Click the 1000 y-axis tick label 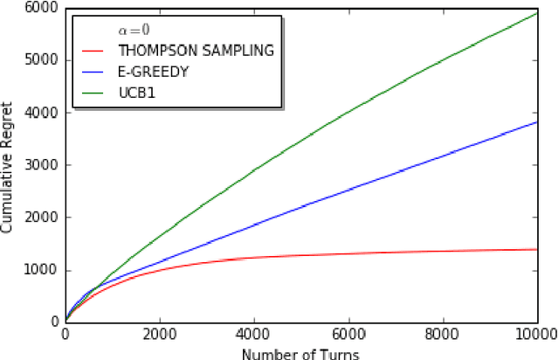[x=45, y=270]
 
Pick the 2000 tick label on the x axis [x=160, y=334]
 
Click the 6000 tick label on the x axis [x=349, y=334]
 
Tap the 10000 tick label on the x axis [x=534, y=334]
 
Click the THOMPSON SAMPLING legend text [x=196, y=51]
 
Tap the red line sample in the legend [x=94, y=51]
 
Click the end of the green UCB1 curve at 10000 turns [x=536, y=13]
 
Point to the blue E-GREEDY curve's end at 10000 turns [x=536, y=122]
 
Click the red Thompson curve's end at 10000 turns [x=536, y=249]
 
